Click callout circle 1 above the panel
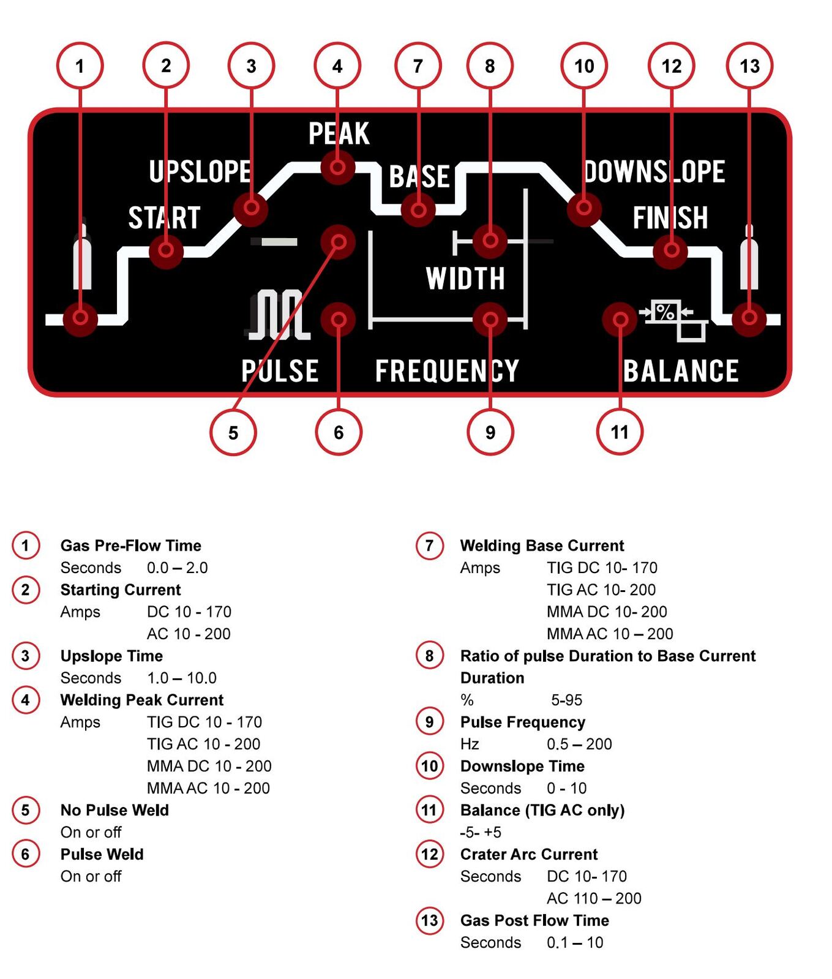(x=80, y=66)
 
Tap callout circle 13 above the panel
(x=749, y=66)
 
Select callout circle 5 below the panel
(x=233, y=432)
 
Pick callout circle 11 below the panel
(x=620, y=432)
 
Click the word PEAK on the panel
(x=339, y=133)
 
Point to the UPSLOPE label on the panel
(x=200, y=171)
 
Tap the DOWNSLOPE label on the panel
(x=654, y=171)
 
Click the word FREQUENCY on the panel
(x=447, y=371)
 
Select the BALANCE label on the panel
(x=681, y=371)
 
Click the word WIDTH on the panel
(x=465, y=279)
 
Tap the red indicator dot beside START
(x=166, y=250)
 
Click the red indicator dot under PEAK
(x=338, y=167)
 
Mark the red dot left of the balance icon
(x=620, y=319)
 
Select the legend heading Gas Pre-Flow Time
(x=131, y=546)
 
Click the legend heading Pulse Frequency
(x=523, y=722)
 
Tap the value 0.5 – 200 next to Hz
(x=579, y=744)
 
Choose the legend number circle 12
(x=430, y=853)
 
